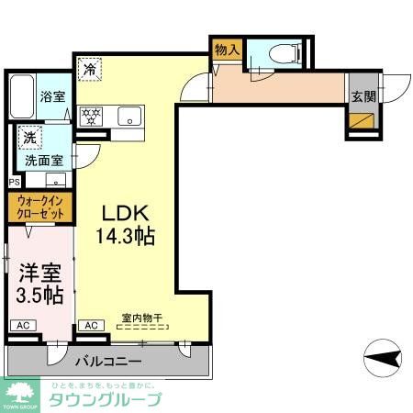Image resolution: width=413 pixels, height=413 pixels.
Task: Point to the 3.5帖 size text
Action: [39, 296]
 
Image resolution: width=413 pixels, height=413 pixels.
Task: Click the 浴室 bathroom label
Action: [51, 95]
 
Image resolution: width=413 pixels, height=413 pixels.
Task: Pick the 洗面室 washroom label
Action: [43, 158]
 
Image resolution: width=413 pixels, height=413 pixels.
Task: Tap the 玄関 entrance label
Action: [361, 95]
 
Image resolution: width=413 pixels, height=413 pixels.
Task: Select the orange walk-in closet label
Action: [40, 206]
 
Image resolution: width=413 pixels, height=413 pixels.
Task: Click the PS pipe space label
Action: [13, 182]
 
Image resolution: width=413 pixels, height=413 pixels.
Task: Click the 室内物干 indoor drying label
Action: [141, 319]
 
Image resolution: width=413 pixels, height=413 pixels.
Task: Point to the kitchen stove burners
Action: [92, 116]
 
